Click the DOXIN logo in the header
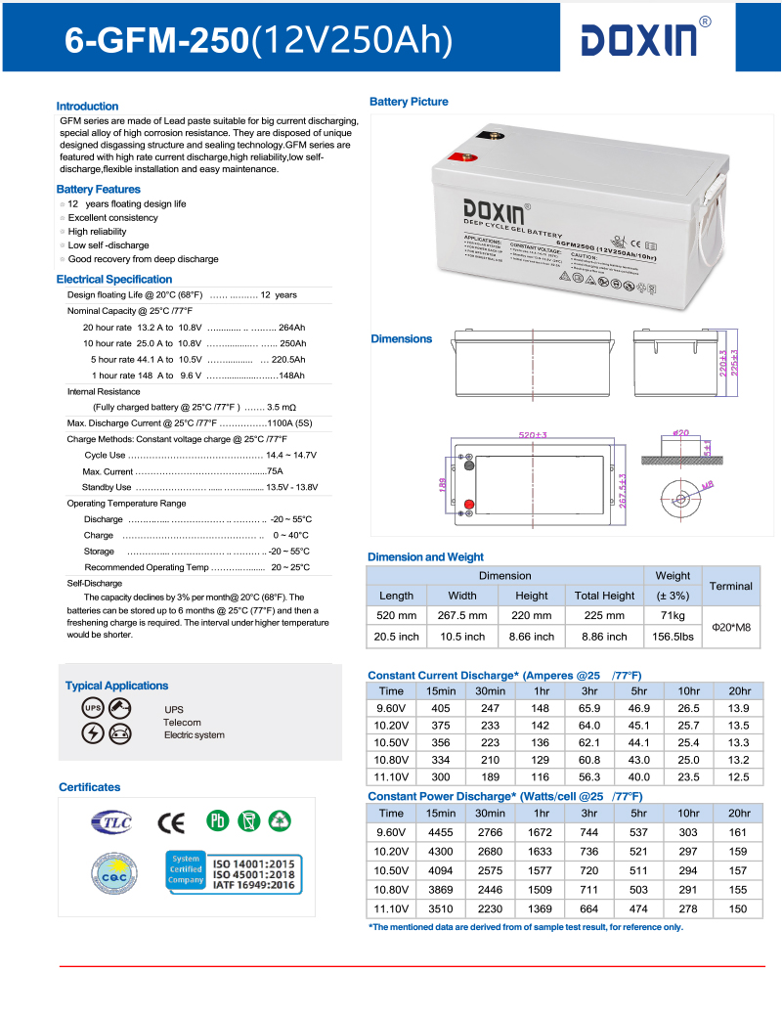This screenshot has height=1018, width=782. click(639, 39)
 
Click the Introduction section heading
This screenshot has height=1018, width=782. click(87, 106)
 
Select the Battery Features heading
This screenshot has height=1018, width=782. click(98, 189)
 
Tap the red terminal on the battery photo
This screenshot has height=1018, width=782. click(458, 155)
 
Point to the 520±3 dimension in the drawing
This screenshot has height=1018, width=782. click(533, 434)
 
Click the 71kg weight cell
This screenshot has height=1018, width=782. click(673, 615)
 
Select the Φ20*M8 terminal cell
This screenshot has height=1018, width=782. click(730, 626)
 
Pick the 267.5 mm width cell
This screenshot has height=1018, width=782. click(462, 615)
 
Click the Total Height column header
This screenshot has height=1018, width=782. click(604, 595)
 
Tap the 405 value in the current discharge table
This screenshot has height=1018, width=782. click(440, 707)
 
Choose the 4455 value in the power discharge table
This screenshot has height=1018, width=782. click(440, 832)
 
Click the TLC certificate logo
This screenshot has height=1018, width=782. click(110, 821)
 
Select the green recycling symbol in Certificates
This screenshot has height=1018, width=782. click(281, 819)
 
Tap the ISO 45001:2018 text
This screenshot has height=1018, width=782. click(253, 874)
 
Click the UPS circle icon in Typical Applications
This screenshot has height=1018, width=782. click(93, 708)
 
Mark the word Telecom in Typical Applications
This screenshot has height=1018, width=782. click(182, 723)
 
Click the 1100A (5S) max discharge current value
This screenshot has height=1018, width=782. click(289, 423)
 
